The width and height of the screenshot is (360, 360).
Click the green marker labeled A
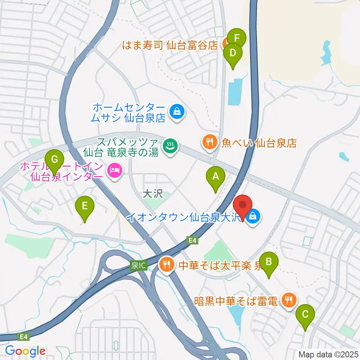(216, 176)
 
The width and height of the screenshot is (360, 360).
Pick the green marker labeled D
(232, 53)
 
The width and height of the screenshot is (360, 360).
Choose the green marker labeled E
(84, 206)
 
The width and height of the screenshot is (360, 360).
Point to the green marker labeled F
(237, 38)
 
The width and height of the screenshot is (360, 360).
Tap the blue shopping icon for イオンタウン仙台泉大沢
(253, 216)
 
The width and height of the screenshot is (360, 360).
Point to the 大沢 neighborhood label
(152, 194)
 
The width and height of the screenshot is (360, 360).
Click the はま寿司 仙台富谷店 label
(170, 46)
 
